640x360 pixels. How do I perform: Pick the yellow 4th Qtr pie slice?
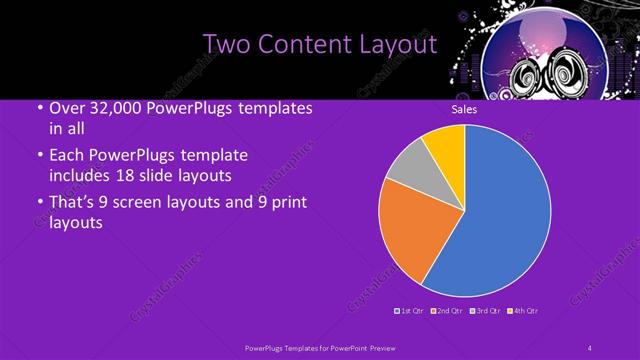pyautogui.click(x=446, y=146)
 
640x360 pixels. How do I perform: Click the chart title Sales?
pyautogui.click(x=464, y=109)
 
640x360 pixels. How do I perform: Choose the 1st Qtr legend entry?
pyautogui.click(x=411, y=312)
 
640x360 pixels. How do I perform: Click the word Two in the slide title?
pyautogui.click(x=223, y=45)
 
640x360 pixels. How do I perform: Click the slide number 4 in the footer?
pyautogui.click(x=590, y=347)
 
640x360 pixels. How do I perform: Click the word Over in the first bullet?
pyautogui.click(x=66, y=108)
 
